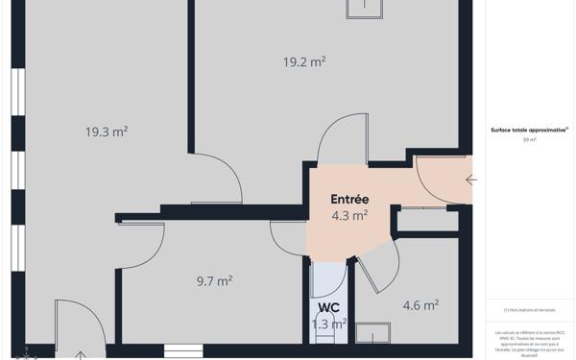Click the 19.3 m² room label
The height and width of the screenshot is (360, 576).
point(106,132)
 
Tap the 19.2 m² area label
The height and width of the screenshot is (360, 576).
point(303,61)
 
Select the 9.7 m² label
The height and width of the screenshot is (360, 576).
point(214,281)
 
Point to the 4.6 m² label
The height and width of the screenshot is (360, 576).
point(420,305)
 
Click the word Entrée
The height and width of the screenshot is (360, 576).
point(349,199)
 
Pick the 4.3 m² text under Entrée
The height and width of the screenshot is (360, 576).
point(349,216)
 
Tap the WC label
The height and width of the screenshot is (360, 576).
point(328,308)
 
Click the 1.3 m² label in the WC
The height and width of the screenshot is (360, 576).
point(329,324)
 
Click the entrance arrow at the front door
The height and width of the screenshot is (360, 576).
point(470,180)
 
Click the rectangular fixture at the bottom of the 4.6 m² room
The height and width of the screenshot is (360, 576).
point(372,333)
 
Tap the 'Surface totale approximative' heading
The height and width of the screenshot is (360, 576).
point(529,129)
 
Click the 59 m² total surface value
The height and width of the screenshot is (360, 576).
point(529,140)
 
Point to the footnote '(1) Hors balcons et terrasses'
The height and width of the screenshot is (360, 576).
point(529,310)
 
